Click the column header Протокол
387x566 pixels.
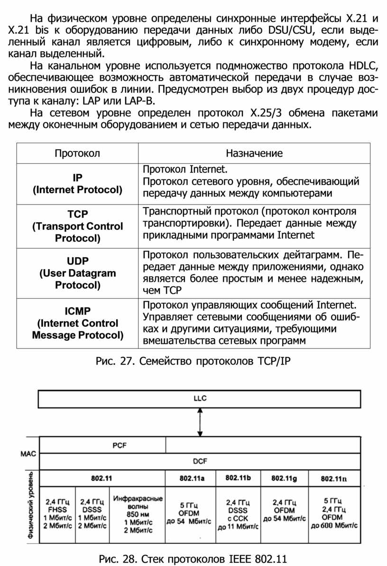pos(77,153)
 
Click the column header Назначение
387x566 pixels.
pos(254,153)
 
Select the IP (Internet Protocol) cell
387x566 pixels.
pos(77,184)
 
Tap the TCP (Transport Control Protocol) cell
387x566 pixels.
pos(77,226)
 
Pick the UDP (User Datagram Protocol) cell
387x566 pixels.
pos(77,273)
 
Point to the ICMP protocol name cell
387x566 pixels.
pos(77,323)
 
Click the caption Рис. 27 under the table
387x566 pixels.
pos(193,362)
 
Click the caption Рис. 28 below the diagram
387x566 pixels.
pos(193,558)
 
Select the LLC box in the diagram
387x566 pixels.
pos(200,398)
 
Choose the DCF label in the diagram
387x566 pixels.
pos(200,461)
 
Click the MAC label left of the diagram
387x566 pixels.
pos(28,453)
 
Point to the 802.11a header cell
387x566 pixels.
pos(191,478)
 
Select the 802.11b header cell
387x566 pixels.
pos(238,478)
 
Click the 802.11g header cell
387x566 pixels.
pos(284,478)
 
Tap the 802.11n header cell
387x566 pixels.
pos(334,478)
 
